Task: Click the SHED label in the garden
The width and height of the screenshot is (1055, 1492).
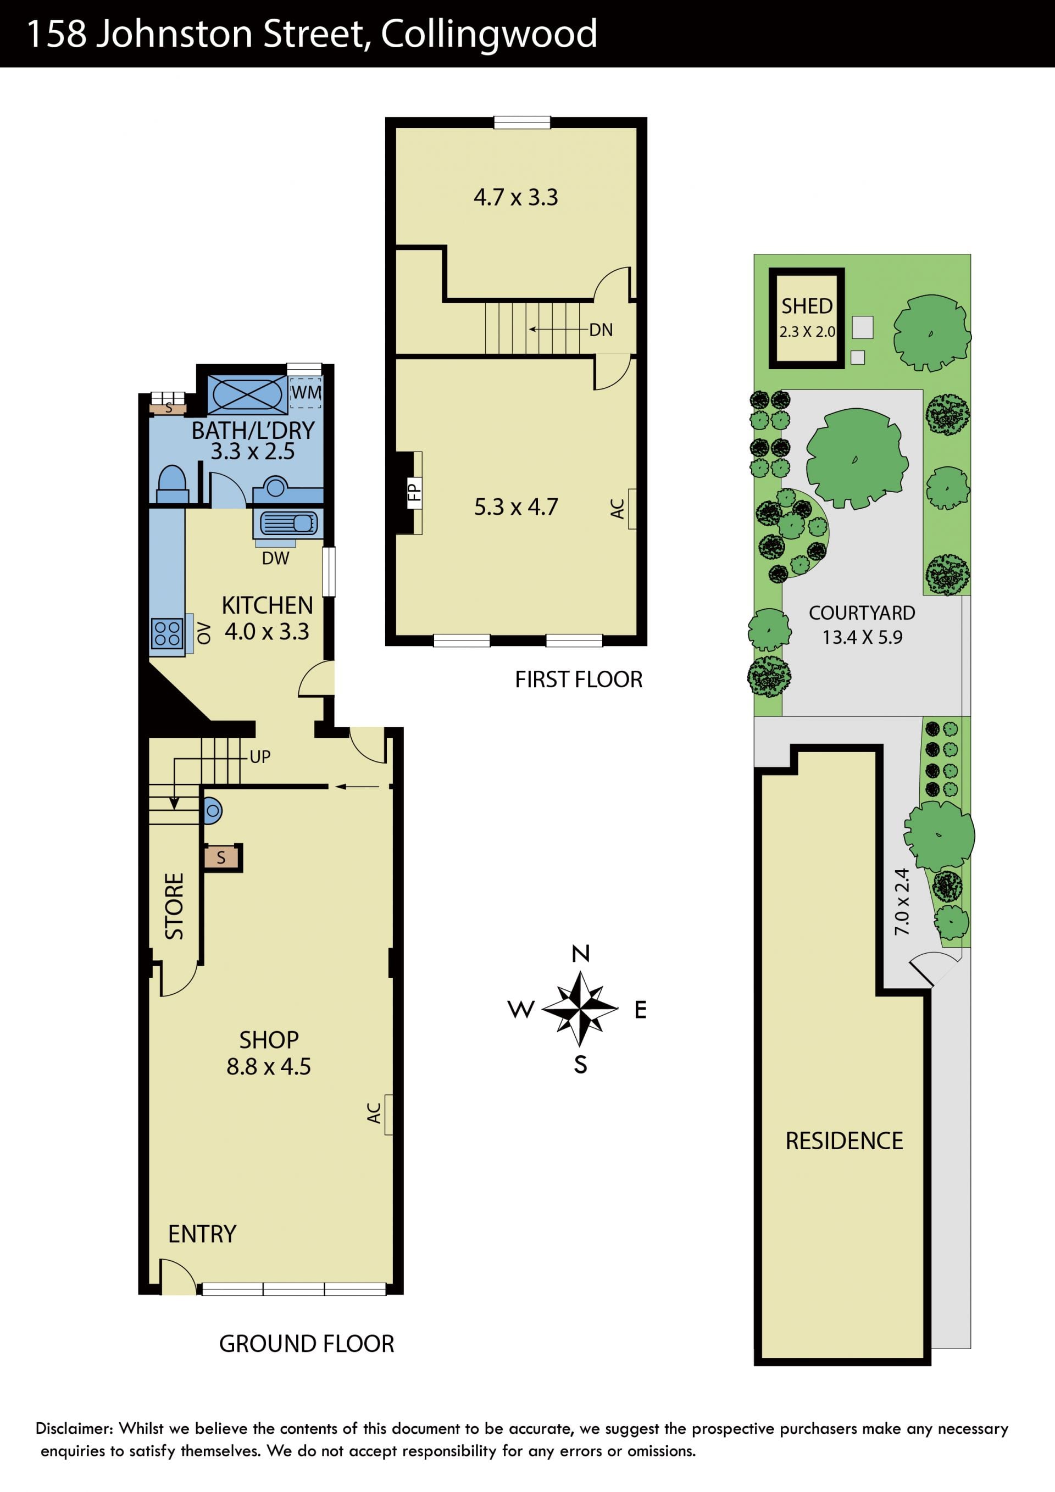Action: (x=807, y=306)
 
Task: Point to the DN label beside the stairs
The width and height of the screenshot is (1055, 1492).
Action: (x=601, y=330)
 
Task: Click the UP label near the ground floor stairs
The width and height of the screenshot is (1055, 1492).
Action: (x=260, y=756)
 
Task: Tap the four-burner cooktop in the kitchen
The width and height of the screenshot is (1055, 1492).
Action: (x=167, y=633)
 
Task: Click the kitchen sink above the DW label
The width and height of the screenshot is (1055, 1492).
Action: (x=288, y=523)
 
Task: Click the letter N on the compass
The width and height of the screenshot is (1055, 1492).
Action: (x=580, y=953)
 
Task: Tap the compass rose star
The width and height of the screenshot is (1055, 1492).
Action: (x=580, y=1009)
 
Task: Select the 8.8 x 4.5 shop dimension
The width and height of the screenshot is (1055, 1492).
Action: (x=269, y=1066)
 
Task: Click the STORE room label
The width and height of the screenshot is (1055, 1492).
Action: (x=174, y=906)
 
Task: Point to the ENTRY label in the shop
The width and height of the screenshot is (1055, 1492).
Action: (x=202, y=1234)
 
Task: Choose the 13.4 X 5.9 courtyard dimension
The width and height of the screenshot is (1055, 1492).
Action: (x=862, y=637)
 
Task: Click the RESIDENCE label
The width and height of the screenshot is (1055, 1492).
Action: (x=845, y=1141)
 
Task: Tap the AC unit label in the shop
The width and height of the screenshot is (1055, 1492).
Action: (x=374, y=1113)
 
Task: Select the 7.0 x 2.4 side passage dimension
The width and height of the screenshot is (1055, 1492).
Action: (x=902, y=902)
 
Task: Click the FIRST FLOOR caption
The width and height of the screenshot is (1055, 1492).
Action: (x=579, y=680)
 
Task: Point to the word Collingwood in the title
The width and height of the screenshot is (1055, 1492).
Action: (x=489, y=35)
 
